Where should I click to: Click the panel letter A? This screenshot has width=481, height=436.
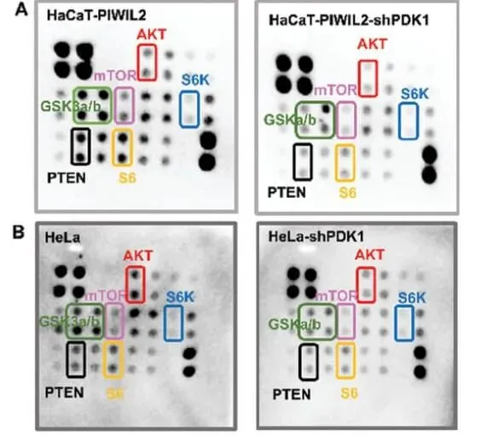pyautogui.click(x=21, y=11)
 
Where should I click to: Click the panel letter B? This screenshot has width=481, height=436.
pyautogui.click(x=19, y=232)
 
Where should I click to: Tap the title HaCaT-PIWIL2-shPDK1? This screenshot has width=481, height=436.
pyautogui.click(x=349, y=20)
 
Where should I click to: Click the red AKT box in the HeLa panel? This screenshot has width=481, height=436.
pyautogui.click(x=126, y=284)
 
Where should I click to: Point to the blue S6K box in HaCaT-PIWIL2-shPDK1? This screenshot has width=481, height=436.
pyautogui.click(x=400, y=121)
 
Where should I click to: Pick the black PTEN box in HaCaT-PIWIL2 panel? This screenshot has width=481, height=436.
pyautogui.click(x=72, y=146)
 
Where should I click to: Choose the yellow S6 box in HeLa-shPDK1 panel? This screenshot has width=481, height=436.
pyautogui.click(x=337, y=361)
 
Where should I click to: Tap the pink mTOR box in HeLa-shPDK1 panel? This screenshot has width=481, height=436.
pyautogui.click(x=339, y=322)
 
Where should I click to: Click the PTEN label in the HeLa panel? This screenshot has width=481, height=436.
pyautogui.click(x=65, y=392)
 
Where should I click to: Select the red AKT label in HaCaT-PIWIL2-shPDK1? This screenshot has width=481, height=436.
pyautogui.click(x=373, y=44)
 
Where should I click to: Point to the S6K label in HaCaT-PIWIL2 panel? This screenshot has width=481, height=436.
pyautogui.click(x=195, y=80)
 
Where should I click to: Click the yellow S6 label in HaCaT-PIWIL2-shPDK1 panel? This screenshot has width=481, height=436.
pyautogui.click(x=348, y=193)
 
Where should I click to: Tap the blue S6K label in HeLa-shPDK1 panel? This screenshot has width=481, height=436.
pyautogui.click(x=412, y=298)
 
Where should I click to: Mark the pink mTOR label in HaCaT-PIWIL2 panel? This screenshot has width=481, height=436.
pyautogui.click(x=115, y=75)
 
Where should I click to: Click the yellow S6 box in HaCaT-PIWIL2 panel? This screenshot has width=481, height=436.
pyautogui.click(x=113, y=148)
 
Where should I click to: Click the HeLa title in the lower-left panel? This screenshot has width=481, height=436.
pyautogui.click(x=62, y=237)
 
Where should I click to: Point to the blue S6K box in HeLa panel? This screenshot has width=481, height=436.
pyautogui.click(x=165, y=323)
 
